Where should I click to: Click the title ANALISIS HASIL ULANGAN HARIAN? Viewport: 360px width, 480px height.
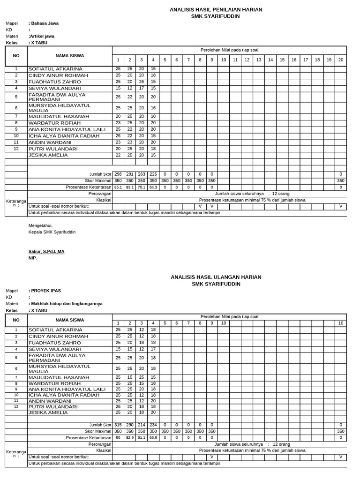click(x=216, y=277)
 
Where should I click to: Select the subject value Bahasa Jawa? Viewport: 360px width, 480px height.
click(x=45, y=23)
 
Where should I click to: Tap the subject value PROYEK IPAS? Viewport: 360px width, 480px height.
click(x=45, y=291)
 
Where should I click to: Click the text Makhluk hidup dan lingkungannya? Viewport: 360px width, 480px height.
click(x=66, y=304)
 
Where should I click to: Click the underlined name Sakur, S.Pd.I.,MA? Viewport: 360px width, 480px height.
click(x=46, y=252)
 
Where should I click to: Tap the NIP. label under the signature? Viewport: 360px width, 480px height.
click(x=32, y=258)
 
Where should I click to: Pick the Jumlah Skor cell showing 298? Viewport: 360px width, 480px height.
click(x=118, y=174)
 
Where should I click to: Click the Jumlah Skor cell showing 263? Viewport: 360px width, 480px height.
click(x=142, y=174)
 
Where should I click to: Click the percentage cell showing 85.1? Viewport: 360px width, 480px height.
click(x=118, y=187)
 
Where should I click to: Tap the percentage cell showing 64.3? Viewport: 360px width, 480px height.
click(x=153, y=187)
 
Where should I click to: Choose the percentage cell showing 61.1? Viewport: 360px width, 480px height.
click(x=142, y=438)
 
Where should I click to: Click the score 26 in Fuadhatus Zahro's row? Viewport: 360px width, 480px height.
click(x=142, y=82)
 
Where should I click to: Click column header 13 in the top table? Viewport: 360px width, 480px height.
click(x=259, y=60)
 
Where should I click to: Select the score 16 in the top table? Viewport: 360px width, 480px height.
click(x=153, y=108)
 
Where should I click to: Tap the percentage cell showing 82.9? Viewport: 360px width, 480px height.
click(x=130, y=438)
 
